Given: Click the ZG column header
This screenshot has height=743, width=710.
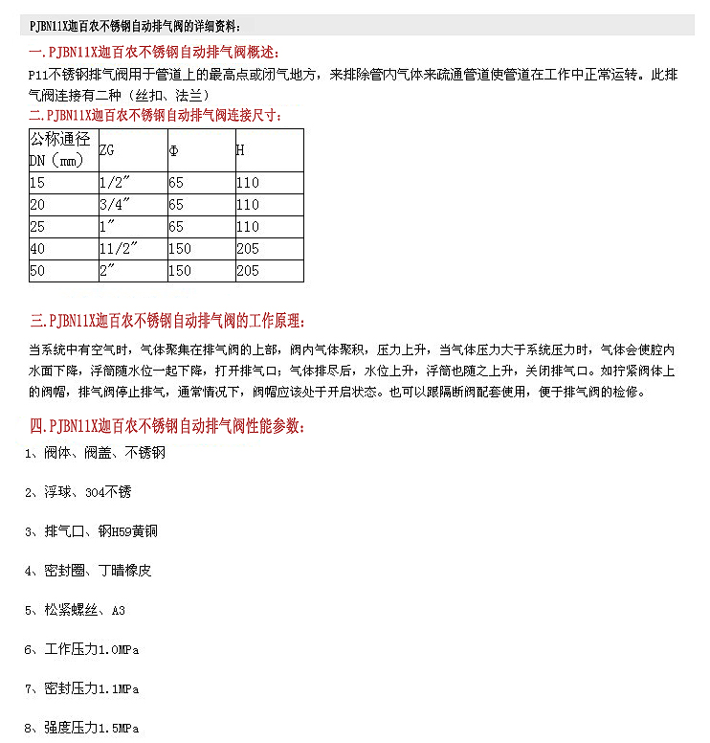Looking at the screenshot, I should click(105, 150).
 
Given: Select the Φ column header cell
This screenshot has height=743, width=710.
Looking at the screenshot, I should click(173, 150).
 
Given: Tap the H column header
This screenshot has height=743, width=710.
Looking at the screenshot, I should click(241, 150).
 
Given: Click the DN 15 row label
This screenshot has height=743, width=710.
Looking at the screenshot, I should click(37, 183).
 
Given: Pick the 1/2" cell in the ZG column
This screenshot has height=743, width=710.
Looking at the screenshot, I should click(114, 183).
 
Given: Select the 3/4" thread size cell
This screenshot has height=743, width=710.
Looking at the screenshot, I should click(114, 205).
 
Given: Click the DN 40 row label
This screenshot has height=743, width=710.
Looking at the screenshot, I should click(37, 249).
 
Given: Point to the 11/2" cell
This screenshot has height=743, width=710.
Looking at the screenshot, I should click(119, 249).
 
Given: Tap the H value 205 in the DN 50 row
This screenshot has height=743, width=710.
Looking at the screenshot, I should click(248, 271).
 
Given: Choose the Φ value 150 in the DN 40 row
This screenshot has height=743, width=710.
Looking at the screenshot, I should click(180, 249).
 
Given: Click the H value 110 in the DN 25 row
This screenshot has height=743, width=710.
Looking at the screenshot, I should click(248, 227).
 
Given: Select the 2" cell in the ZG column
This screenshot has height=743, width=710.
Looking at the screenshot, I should click(107, 271).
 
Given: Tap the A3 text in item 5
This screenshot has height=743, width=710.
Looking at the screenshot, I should click(119, 610).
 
